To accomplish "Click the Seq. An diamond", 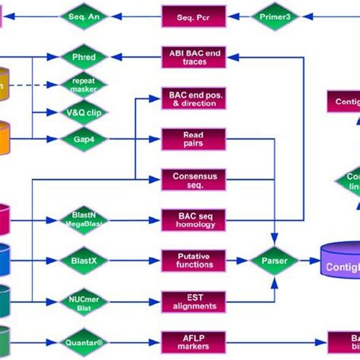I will [x=84, y=15].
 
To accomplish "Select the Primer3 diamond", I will [x=276, y=16].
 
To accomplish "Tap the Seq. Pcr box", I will [x=193, y=16].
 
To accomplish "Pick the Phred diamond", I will [x=84, y=56].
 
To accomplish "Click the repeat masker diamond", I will [x=84, y=84].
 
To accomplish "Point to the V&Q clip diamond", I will [x=84, y=112].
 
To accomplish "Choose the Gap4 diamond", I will [x=84, y=139].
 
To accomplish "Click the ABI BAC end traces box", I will [x=193, y=57].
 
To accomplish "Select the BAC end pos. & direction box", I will [x=193, y=98].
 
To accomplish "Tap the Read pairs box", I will [x=193, y=139].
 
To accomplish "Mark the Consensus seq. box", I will [x=193, y=180].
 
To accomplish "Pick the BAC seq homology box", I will [x=193, y=220].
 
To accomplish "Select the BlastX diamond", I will [x=84, y=261].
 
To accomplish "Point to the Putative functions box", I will [x=193, y=261].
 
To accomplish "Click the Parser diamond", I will [x=275, y=261].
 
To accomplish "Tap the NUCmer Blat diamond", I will [x=84, y=302].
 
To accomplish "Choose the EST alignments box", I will [x=193, y=302].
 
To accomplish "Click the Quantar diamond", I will [x=84, y=342].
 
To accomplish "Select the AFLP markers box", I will [x=193, y=342].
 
